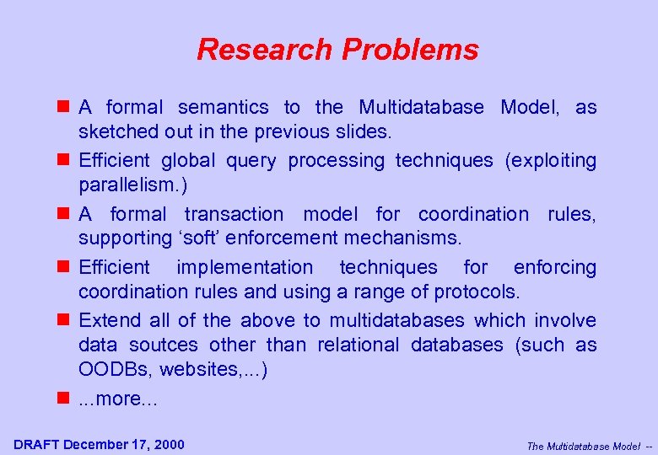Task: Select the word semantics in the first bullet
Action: (224, 107)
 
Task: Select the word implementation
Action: (245, 267)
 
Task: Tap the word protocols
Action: (480, 292)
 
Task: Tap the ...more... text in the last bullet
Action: (118, 399)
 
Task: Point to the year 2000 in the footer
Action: (169, 444)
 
